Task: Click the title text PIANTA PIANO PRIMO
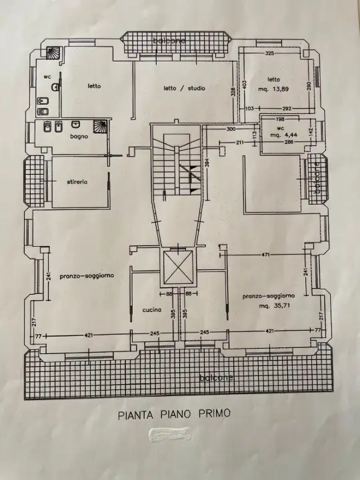tap(174, 413)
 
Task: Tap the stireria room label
tap(77, 181)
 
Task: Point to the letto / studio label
tap(184, 88)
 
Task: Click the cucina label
tap(153, 310)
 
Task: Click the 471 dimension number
tap(265, 255)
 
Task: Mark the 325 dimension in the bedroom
tap(270, 53)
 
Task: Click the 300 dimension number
tap(231, 129)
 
